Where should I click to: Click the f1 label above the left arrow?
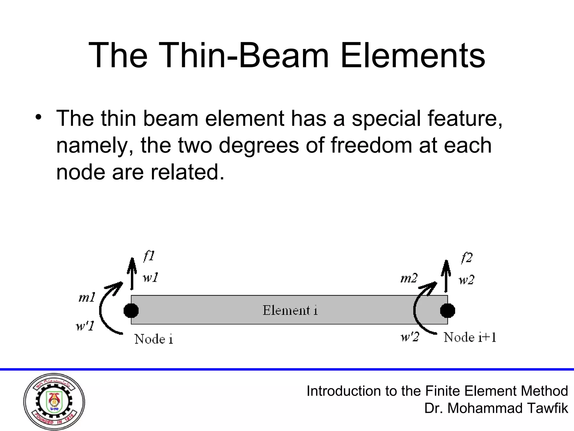coord(149,256)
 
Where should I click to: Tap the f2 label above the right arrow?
coord(467,258)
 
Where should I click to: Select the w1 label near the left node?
coord(151,278)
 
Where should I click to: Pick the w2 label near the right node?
coord(466,280)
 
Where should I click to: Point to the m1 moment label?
coord(87,297)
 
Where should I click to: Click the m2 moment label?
coord(409,278)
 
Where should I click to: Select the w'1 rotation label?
coord(85,326)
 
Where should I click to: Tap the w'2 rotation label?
coord(409,337)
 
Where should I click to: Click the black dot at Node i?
coord(131,310)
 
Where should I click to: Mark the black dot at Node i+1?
coord(447,310)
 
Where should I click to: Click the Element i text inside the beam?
coord(290,310)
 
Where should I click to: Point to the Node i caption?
coord(154,339)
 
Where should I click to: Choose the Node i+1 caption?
coord(470,337)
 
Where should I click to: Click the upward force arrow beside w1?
coord(131,274)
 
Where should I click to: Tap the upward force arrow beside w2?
coord(446,276)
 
